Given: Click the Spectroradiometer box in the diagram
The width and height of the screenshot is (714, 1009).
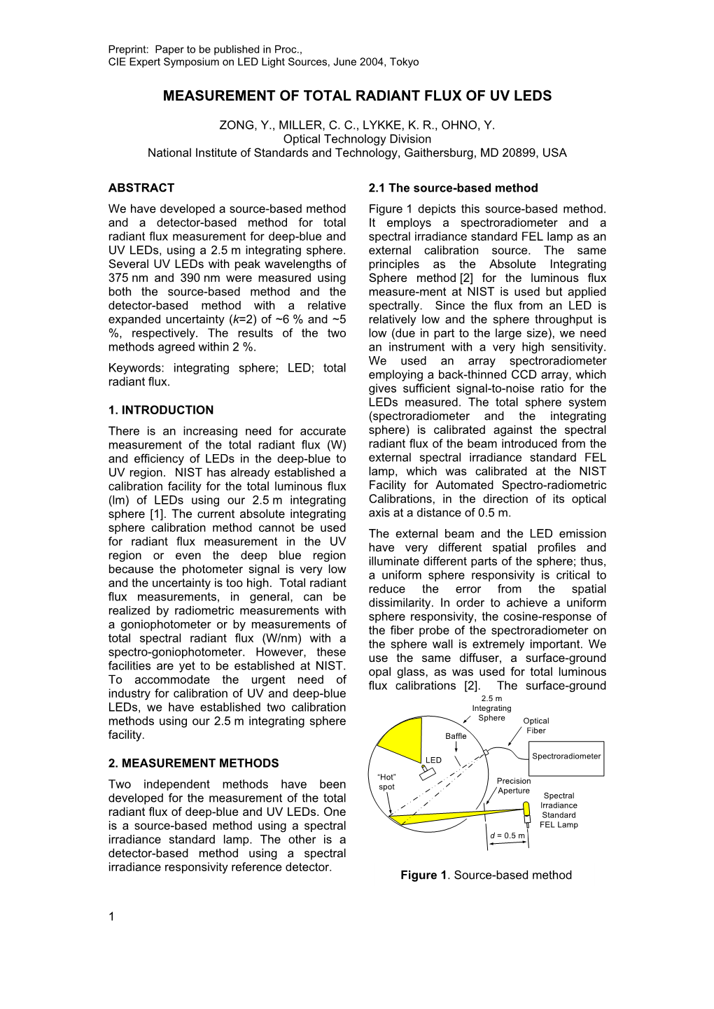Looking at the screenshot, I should tap(566, 758).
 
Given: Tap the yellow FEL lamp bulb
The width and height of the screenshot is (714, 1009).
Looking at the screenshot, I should tap(526, 812).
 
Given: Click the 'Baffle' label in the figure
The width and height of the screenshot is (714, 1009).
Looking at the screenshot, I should tap(456, 736).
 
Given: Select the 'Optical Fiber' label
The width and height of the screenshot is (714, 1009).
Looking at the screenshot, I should tap(536, 726).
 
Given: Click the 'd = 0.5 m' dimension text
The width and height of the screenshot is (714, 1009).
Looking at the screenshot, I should tap(507, 835).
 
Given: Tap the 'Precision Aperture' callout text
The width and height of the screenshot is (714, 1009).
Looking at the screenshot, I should tap(514, 786).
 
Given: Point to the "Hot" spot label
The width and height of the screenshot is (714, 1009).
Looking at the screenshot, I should tap(387, 782).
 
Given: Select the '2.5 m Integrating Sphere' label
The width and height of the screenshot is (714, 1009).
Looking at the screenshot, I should tap(491, 708).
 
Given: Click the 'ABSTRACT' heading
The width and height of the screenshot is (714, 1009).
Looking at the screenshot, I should tap(141, 188).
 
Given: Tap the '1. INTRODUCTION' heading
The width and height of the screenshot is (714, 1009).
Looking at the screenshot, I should tap(161, 410).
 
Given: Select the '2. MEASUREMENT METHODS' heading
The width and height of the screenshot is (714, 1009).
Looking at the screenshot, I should tap(193, 763).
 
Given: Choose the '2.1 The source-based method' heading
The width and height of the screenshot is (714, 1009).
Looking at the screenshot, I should tap(453, 188).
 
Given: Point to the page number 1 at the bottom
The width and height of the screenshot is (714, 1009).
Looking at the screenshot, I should tap(111, 917).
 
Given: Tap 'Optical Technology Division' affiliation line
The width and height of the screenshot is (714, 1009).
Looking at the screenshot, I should tap(357, 139).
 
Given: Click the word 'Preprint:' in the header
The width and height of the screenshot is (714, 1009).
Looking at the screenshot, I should tap(129, 49).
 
